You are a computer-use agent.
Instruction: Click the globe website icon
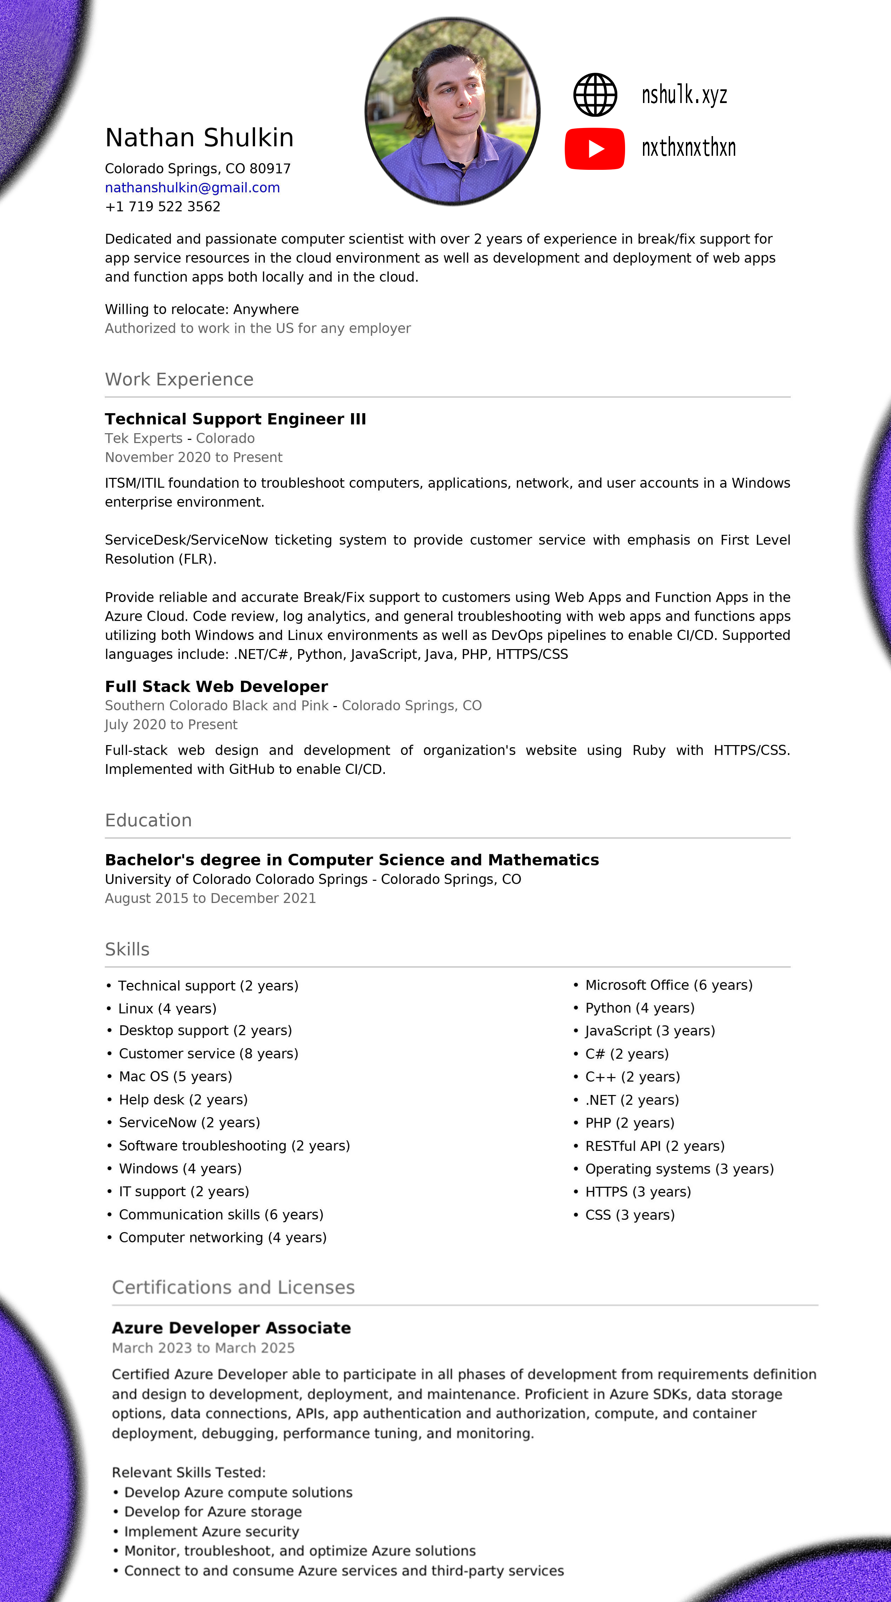tap(595, 95)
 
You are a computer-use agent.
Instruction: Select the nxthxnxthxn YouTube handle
tap(688, 148)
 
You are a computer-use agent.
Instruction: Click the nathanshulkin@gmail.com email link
tap(192, 188)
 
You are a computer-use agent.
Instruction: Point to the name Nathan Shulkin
tap(199, 137)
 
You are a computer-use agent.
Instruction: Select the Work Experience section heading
tap(179, 379)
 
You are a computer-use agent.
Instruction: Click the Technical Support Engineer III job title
tap(235, 419)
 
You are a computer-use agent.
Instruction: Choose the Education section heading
tap(148, 820)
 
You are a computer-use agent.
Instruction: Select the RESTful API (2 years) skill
tap(655, 1146)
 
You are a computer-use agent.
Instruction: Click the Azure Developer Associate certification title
tap(231, 1328)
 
